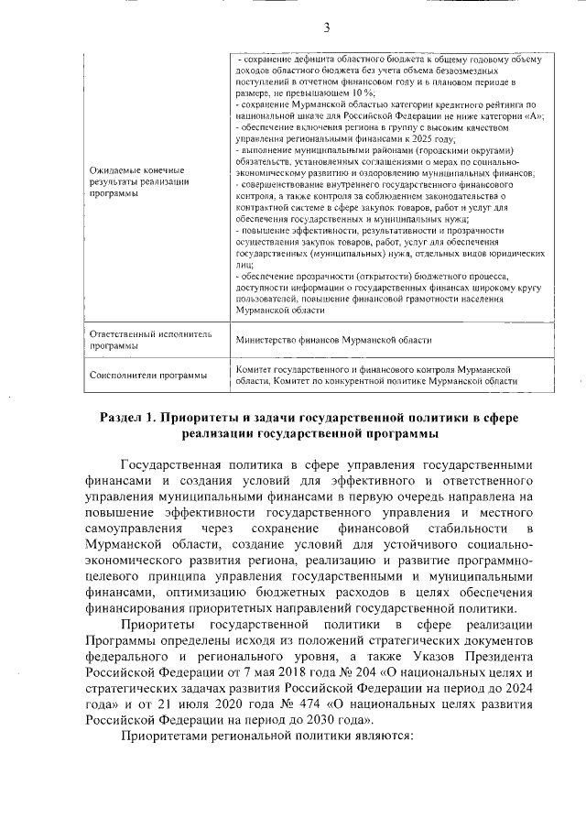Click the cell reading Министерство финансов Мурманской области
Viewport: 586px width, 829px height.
click(x=333, y=339)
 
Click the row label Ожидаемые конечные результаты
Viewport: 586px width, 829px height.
click(x=136, y=182)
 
